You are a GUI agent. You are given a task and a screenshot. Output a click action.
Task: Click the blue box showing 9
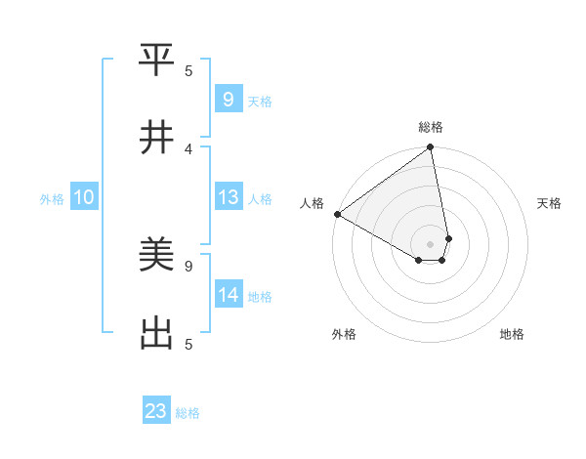pyautogui.click(x=228, y=99)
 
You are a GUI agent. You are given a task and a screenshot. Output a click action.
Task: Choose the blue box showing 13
pyautogui.click(x=228, y=197)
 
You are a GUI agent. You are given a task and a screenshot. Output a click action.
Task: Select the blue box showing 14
pyautogui.click(x=228, y=295)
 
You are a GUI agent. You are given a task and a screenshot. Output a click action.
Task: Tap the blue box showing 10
pyautogui.click(x=83, y=197)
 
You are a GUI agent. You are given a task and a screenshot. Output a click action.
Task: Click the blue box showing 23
pyautogui.click(x=156, y=411)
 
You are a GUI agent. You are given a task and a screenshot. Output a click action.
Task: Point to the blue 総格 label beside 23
pyautogui.click(x=188, y=413)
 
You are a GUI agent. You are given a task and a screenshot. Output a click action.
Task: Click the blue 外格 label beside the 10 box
pyautogui.click(x=52, y=199)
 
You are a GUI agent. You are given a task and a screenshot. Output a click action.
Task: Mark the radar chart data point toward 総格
pyautogui.click(x=430, y=148)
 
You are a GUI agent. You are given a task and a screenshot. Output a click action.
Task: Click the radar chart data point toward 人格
pyautogui.click(x=337, y=214)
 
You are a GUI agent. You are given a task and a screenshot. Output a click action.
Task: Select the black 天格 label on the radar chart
pyautogui.click(x=549, y=203)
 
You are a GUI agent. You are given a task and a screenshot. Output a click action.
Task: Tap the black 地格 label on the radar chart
pyautogui.click(x=512, y=334)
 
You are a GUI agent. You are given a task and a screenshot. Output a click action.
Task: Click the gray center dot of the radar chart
pyautogui.click(x=430, y=243)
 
